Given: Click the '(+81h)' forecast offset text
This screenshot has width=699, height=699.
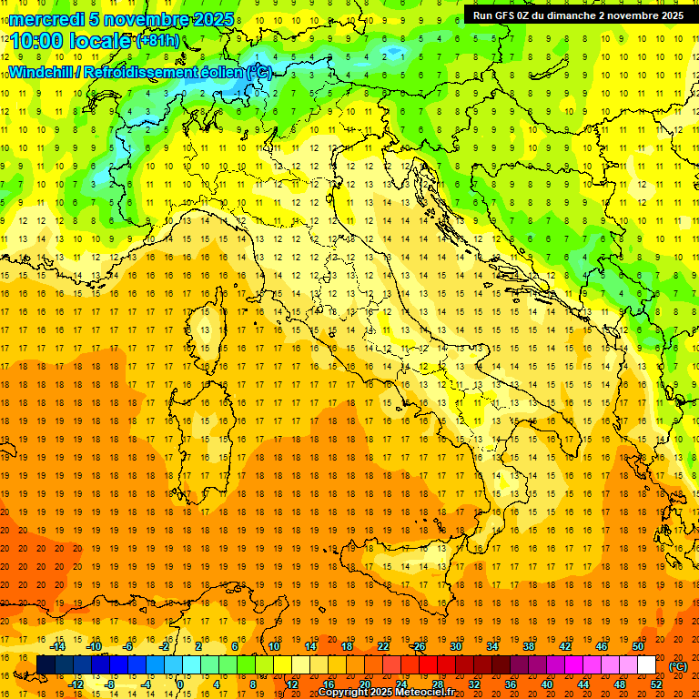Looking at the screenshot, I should coord(157,41).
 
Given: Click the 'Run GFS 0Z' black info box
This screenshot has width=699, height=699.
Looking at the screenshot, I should coord(578,15).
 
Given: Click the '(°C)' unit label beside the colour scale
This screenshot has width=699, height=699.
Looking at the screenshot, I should coord(678,666).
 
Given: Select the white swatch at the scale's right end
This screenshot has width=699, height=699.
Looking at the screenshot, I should coord(647,665).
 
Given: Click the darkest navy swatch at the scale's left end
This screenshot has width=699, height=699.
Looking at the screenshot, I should coord(46,665).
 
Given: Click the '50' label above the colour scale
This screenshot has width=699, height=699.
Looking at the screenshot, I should coord(637,646).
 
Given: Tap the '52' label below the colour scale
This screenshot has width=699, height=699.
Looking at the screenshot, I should coord(655,684).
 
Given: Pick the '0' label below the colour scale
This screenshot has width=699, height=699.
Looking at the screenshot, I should coord(182,684).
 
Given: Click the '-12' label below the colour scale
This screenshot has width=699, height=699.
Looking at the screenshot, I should coord(76,684).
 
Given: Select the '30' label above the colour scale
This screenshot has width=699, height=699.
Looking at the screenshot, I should coord(455,646).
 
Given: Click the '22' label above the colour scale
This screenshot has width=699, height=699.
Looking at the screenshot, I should coord(382,646).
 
